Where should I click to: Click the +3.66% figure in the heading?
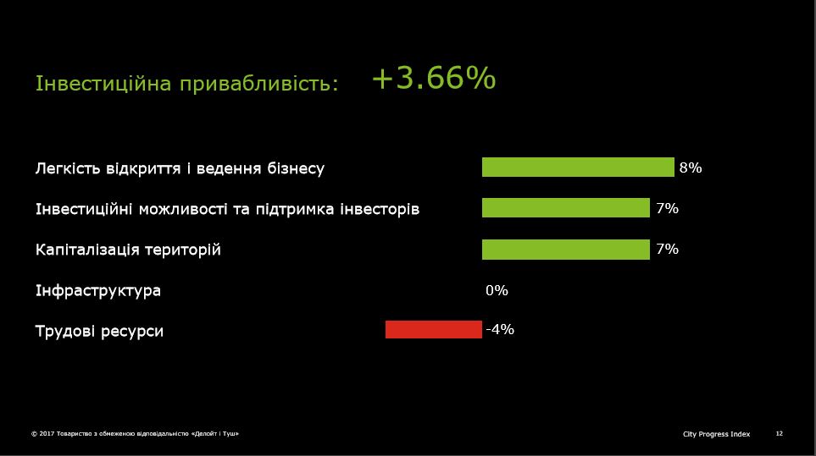[x=434, y=79]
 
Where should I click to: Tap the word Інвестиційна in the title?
[x=103, y=83]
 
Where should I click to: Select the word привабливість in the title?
[x=259, y=84]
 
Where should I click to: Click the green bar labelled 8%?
[x=578, y=168]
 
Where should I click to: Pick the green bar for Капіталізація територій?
[x=566, y=250]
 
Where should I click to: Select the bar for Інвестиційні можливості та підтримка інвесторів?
[x=566, y=208]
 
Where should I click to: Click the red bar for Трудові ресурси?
[x=434, y=330]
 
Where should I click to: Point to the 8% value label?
[x=691, y=168]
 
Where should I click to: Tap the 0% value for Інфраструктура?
[x=497, y=290]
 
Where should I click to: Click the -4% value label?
[x=500, y=329]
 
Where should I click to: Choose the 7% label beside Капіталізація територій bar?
[x=667, y=250]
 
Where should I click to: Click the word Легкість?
[x=68, y=168]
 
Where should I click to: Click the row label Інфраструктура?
[x=97, y=290]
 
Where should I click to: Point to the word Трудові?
[x=65, y=331]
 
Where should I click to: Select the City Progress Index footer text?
[x=717, y=434]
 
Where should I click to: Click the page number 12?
[x=779, y=434]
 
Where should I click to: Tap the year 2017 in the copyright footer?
[x=47, y=434]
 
